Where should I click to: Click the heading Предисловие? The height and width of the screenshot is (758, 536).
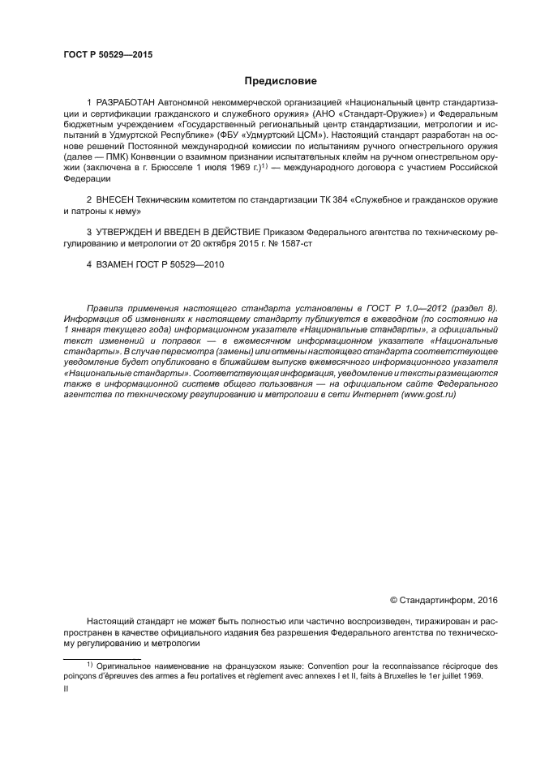(281, 81)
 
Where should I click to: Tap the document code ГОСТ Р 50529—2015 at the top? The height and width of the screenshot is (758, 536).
(107, 55)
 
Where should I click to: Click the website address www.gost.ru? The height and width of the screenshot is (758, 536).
(427, 393)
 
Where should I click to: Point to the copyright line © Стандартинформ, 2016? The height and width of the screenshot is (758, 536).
(444, 601)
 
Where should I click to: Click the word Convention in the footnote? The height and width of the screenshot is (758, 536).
(294, 666)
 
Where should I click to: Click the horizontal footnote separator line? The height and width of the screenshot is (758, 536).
(102, 659)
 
